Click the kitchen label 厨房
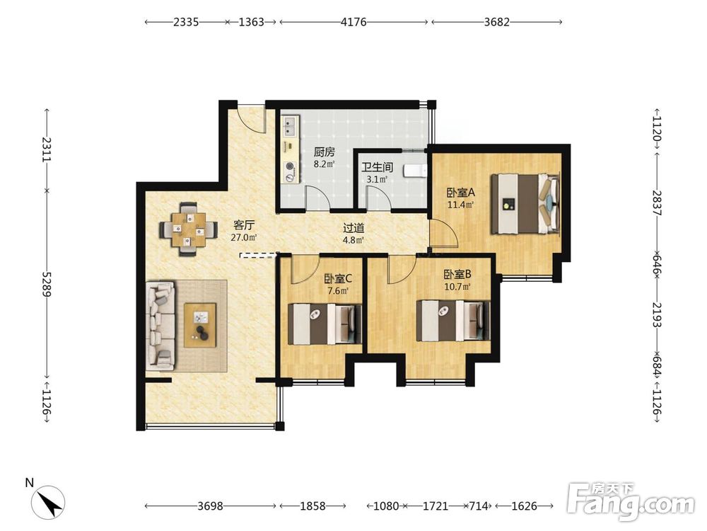tap(325, 152)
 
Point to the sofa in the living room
tap(160, 324)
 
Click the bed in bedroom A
tap(525, 203)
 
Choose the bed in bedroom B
tap(453, 321)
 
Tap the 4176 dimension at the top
tap(353, 22)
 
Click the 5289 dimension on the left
tap(47, 284)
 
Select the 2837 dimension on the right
tap(657, 203)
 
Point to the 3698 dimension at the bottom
tap(210, 506)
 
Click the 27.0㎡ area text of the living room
tap(244, 237)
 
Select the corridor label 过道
tap(353, 229)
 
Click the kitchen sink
tap(290, 126)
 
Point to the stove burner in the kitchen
tap(290, 168)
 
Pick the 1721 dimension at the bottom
tap(435, 506)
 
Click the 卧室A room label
tap(461, 193)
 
